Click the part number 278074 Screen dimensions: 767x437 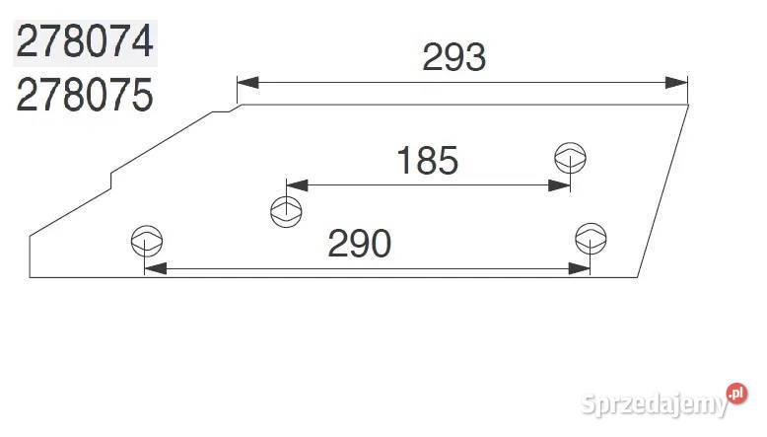tap(85, 42)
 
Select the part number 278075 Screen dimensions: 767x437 tap(85, 95)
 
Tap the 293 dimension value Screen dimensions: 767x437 tap(453, 57)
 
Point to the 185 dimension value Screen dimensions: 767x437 tap(427, 161)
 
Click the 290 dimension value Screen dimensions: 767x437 tap(360, 244)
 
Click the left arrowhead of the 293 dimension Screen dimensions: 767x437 tap(248, 83)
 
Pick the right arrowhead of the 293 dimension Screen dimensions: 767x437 tap(676, 83)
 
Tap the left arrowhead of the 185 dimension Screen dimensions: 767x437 tap(298, 185)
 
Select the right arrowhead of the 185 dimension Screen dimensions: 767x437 tap(559, 185)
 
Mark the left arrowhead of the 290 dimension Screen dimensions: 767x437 tap(156, 268)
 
